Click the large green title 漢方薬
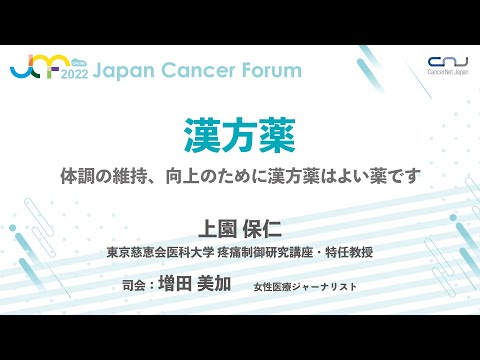point(239,135)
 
